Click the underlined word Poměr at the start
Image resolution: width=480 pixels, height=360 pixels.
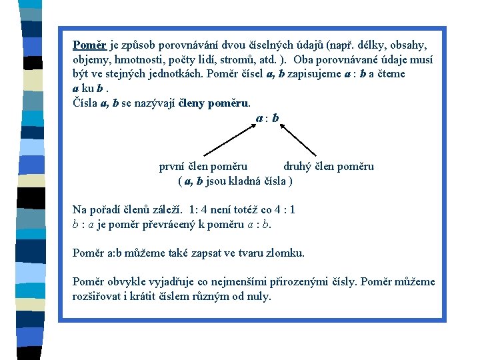pos(89,45)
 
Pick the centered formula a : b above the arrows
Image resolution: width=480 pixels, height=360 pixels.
pos(267,118)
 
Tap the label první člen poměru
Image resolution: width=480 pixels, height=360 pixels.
pos(203,167)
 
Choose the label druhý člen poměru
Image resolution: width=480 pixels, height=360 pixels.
pos(329,167)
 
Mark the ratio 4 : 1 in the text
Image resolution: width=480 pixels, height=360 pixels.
pos(282,210)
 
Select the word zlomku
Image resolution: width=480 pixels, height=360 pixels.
pos(285,253)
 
